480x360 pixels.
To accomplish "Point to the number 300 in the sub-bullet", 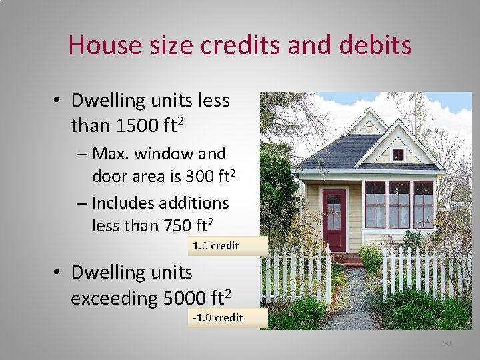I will pos(203,176).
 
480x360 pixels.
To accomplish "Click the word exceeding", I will pos(114,298).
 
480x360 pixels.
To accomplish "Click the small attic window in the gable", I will pos(398,155).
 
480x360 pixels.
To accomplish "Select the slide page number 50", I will pos(447,343).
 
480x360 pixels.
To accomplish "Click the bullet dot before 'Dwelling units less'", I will pos(59,101).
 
